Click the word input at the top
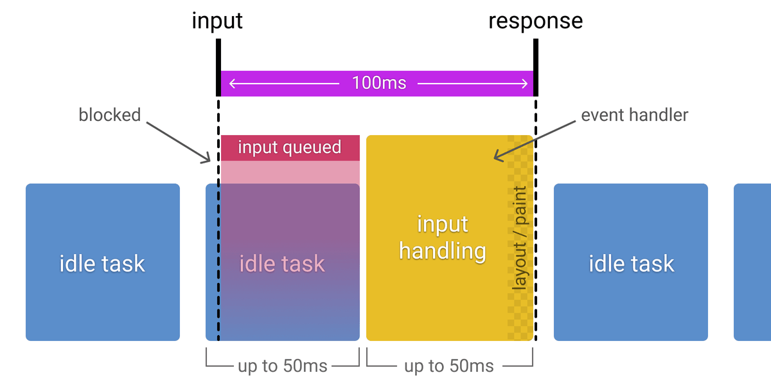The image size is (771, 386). [217, 21]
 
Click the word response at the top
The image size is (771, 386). [535, 21]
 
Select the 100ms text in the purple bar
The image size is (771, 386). [378, 83]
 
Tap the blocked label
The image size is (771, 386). [109, 115]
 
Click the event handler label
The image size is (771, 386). [634, 115]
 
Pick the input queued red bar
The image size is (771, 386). [289, 147]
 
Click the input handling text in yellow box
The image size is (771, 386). [442, 237]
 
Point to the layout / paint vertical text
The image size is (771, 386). [519, 238]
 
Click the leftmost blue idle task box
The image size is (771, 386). [102, 262]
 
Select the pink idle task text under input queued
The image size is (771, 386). [282, 264]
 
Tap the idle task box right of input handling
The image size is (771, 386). [631, 262]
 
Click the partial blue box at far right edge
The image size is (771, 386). [752, 262]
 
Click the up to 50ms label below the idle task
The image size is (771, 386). [282, 366]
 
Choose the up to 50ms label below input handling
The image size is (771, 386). [448, 366]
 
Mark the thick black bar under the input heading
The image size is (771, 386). [218, 67]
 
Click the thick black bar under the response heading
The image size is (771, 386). [535, 67]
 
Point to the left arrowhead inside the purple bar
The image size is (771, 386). [233, 83]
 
